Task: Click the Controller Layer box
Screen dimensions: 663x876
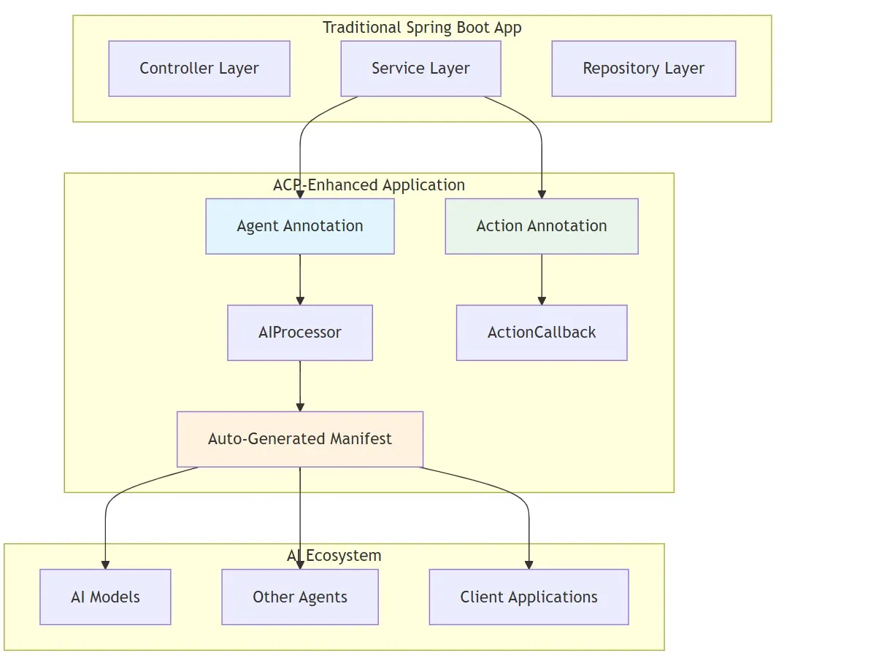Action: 199,69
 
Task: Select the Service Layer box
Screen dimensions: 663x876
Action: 420,69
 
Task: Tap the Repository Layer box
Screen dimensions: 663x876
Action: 643,69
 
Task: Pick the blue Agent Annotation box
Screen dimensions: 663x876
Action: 300,226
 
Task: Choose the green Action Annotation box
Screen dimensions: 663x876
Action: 542,226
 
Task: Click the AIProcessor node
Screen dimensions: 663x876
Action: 300,333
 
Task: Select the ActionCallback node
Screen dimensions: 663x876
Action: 542,333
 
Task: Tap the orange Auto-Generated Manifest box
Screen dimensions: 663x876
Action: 300,439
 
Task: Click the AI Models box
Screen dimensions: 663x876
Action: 105,597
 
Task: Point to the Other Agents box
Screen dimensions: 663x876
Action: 300,597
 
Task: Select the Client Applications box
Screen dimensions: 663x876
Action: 529,597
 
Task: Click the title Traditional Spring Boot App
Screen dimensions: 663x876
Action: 422,28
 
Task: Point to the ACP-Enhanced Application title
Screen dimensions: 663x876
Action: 369,185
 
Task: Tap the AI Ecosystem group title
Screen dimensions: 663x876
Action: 334,556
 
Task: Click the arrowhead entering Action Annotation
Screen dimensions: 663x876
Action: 542,194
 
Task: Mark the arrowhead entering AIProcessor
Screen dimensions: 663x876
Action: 300,301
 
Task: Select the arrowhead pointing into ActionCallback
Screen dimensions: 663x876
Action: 542,301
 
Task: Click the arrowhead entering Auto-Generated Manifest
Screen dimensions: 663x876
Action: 300,407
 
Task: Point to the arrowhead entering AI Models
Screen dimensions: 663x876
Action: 105,565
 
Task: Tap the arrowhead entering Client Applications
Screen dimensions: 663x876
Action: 529,565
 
